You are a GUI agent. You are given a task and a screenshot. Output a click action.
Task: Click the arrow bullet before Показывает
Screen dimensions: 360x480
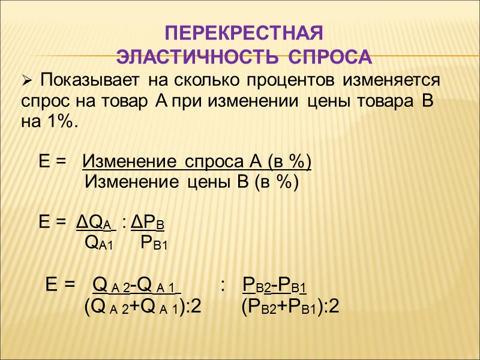tap(26, 80)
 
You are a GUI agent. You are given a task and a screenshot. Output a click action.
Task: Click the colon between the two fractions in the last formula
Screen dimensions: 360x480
tap(223, 284)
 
